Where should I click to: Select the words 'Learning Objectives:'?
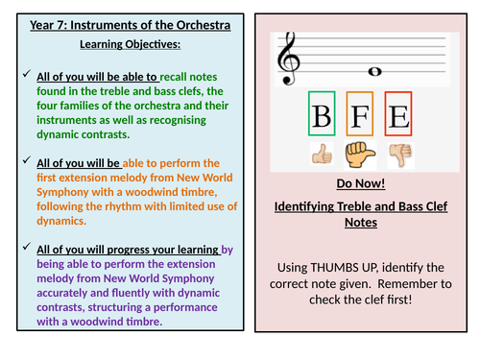pyautogui.click(x=119, y=44)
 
